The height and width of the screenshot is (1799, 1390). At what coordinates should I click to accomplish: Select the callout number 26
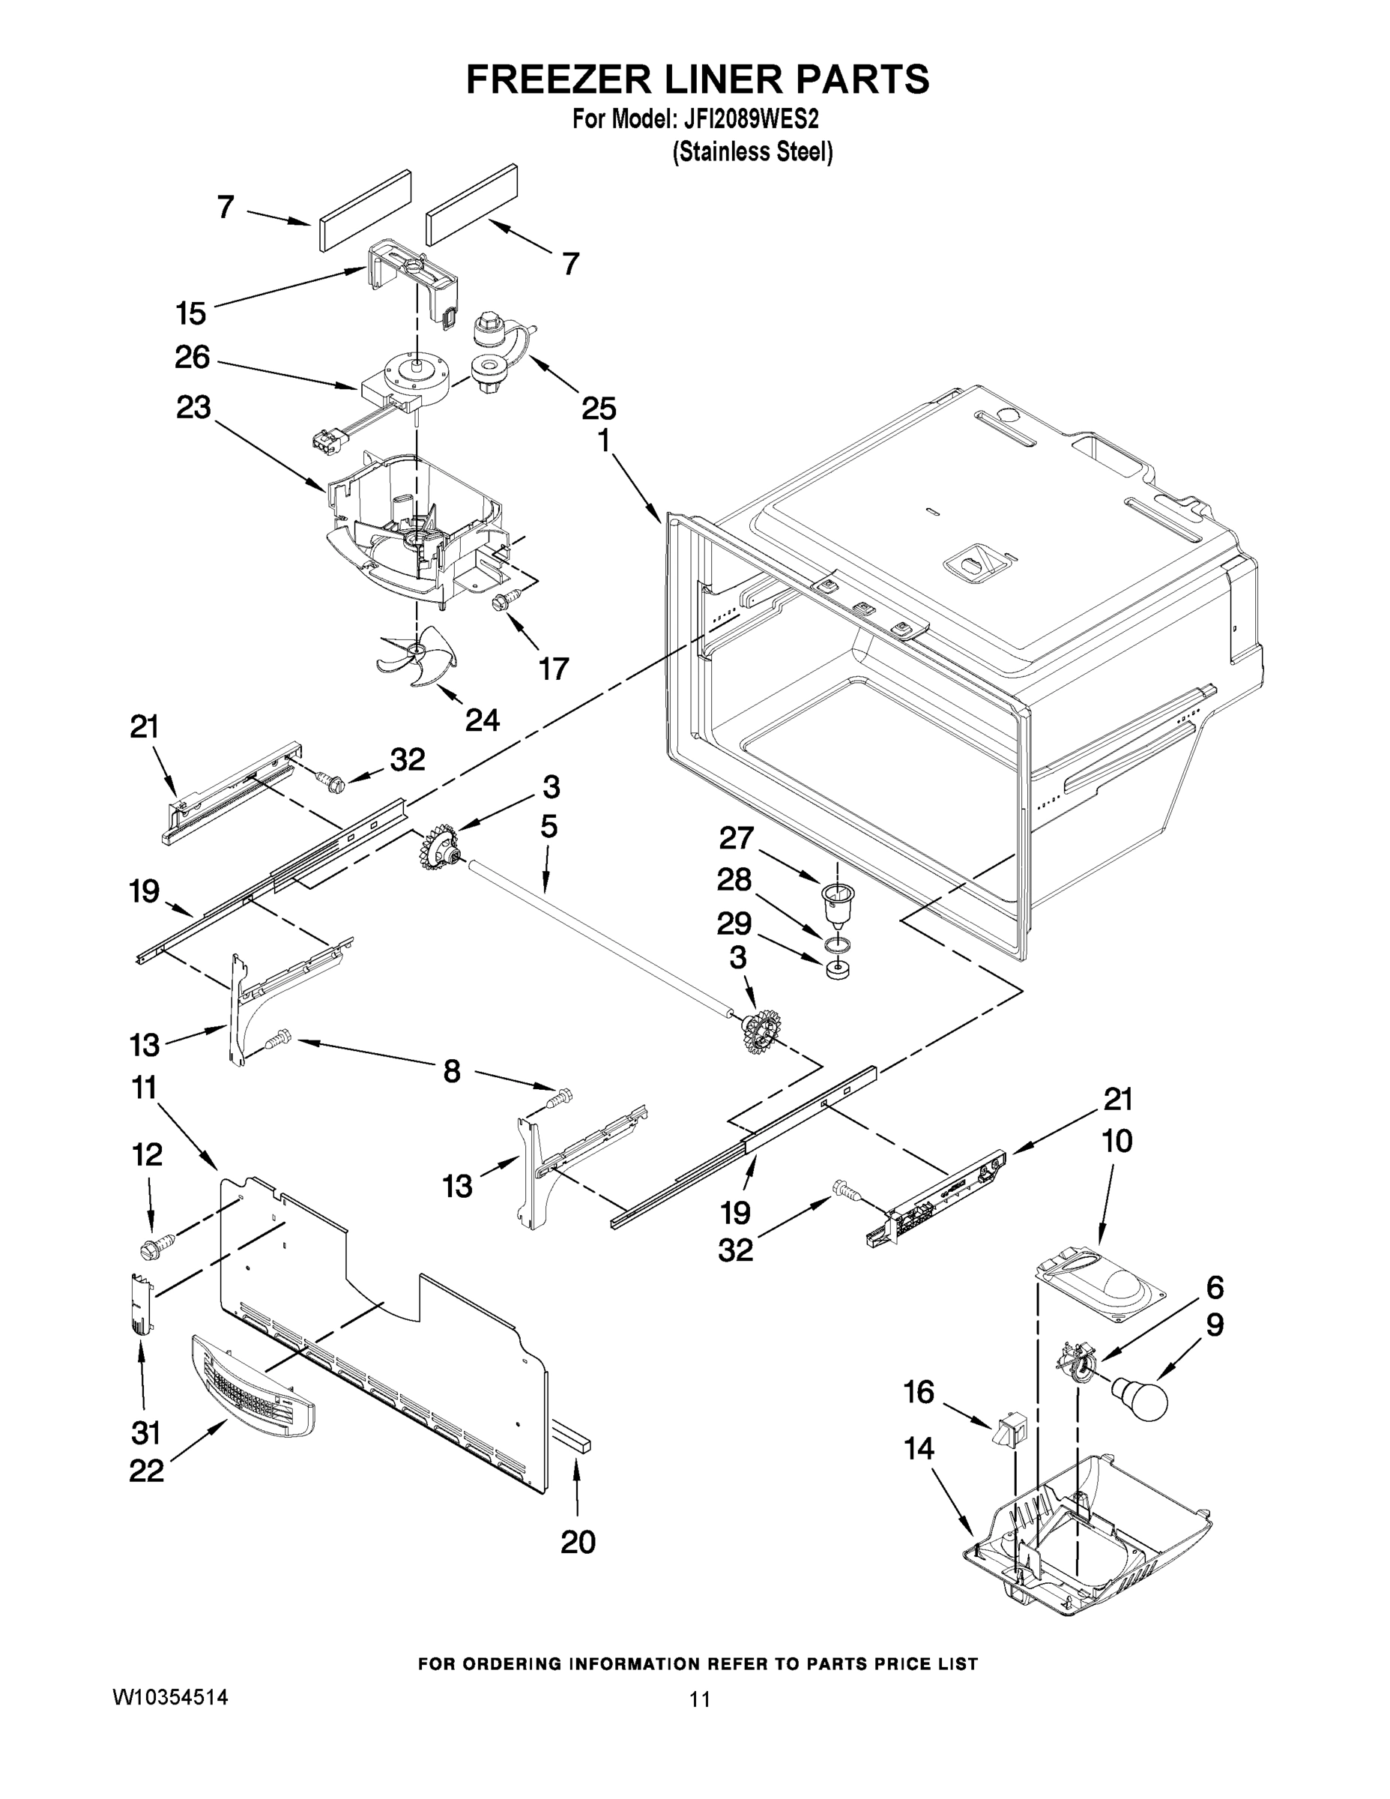[193, 358]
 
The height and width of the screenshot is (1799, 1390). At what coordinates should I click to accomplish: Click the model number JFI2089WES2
[750, 119]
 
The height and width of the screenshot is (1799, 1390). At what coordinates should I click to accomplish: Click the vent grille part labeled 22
[253, 1388]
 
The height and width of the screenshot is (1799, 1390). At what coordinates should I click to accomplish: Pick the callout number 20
[578, 1542]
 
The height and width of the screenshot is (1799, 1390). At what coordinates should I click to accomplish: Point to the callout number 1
[605, 442]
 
